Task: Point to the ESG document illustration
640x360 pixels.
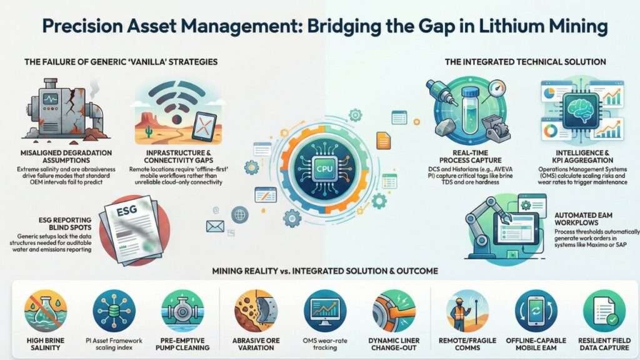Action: [129, 224]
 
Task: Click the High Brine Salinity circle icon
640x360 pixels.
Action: [45, 310]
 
